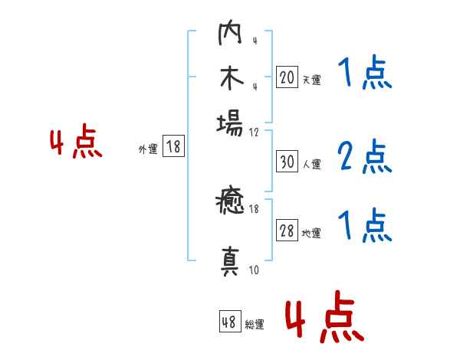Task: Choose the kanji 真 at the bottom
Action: (x=230, y=260)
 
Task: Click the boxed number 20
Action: (x=287, y=77)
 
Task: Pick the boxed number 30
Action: (x=287, y=162)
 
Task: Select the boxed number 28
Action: (x=287, y=231)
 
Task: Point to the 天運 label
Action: (x=311, y=80)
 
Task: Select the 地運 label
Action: (x=311, y=234)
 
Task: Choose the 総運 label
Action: (x=255, y=325)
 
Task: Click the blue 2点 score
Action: (x=364, y=157)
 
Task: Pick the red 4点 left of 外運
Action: (x=77, y=144)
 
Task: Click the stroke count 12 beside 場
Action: (x=254, y=132)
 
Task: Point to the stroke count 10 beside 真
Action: (x=254, y=270)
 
